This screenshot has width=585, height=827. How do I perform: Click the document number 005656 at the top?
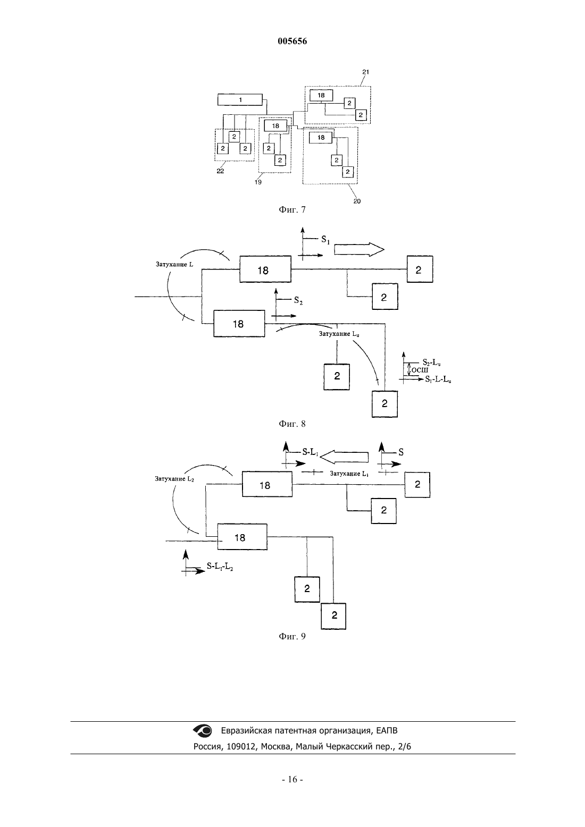click(292, 41)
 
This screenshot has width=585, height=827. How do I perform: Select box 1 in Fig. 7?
click(240, 100)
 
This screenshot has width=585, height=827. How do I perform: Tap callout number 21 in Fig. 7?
click(365, 72)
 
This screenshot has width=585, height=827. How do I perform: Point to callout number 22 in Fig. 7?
click(220, 171)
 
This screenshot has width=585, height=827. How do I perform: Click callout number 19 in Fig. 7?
click(258, 182)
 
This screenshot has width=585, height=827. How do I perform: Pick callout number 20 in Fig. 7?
click(357, 201)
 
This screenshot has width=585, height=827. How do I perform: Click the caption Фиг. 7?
click(292, 210)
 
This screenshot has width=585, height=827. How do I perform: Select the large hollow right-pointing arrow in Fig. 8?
click(360, 249)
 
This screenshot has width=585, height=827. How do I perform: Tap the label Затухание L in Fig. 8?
click(174, 264)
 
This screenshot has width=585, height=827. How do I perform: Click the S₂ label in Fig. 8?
click(298, 300)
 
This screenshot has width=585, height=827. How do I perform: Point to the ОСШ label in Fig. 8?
click(420, 370)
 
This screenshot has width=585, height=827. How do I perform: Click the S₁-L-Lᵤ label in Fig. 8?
click(438, 379)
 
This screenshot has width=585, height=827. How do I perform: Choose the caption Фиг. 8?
click(292, 424)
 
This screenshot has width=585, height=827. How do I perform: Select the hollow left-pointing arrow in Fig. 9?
click(344, 457)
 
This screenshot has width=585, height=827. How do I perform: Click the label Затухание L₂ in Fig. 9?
click(174, 479)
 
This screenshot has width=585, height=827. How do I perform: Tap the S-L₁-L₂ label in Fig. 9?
click(220, 566)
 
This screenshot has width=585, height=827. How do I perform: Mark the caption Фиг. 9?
click(292, 636)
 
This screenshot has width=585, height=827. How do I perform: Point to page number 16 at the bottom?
click(292, 779)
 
